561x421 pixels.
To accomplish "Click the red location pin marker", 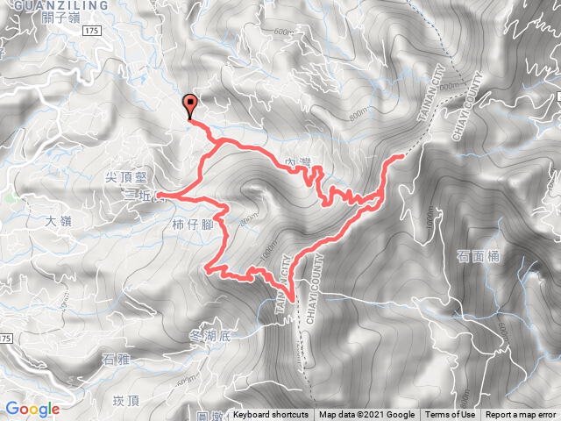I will [x=191, y=104].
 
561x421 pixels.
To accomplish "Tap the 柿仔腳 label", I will [x=195, y=225].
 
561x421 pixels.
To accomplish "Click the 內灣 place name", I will [x=300, y=163].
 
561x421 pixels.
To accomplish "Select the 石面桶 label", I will [x=478, y=257].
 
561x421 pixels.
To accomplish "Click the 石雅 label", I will [x=117, y=358].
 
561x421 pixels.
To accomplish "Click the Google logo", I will [x=32, y=409].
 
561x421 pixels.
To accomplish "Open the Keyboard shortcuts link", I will [x=271, y=415].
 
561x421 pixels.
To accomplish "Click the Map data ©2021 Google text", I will [x=366, y=415].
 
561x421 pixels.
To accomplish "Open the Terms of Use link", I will [x=450, y=415].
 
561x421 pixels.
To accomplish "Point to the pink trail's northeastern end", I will [x=401, y=156].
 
